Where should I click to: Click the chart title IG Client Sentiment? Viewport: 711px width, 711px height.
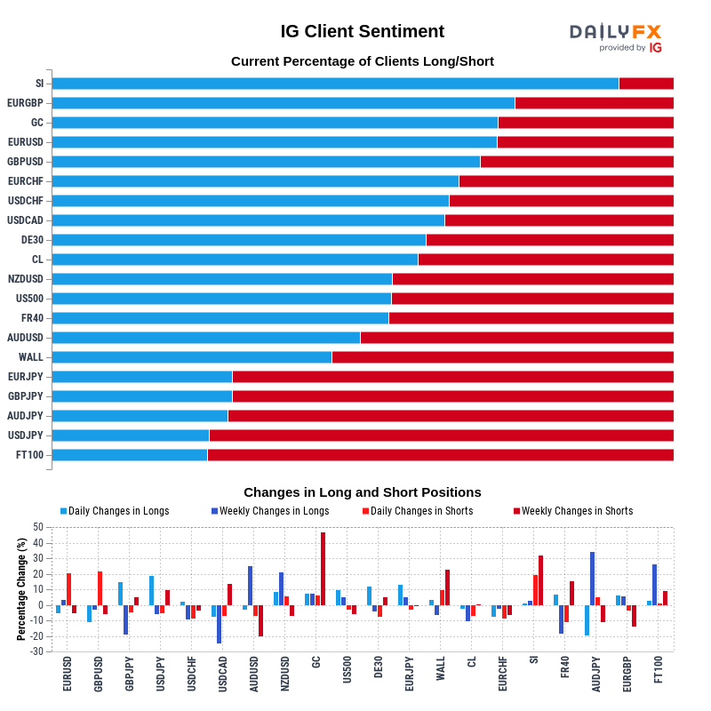click(362, 31)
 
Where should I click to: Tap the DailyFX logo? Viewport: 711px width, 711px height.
click(615, 37)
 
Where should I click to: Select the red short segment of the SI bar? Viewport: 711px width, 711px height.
click(646, 84)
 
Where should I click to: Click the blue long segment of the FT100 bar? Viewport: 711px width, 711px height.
click(130, 455)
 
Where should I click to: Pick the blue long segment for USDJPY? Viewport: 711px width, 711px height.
click(131, 435)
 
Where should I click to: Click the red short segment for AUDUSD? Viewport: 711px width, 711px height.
click(516, 338)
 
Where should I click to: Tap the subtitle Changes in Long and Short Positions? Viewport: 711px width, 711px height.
click(362, 491)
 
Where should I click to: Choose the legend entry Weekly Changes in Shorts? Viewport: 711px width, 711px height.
click(577, 511)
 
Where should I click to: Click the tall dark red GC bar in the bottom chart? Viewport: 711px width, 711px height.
click(323, 569)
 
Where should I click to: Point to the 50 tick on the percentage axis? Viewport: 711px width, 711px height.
click(37, 527)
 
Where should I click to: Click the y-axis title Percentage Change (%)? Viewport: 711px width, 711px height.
click(21, 589)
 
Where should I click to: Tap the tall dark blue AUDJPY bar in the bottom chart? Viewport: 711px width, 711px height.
click(593, 579)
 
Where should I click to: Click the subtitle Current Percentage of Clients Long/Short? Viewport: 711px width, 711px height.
click(362, 61)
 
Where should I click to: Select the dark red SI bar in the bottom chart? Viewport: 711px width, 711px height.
click(540, 580)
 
